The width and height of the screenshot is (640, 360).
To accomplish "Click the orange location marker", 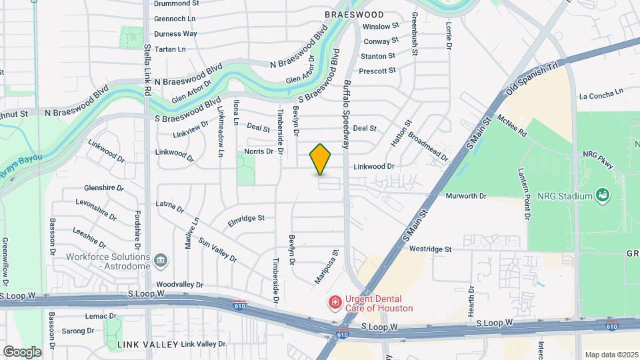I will click(x=321, y=159).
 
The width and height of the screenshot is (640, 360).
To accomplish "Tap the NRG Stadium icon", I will click(x=603, y=195).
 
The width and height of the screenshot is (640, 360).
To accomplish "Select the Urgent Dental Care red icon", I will click(x=335, y=303).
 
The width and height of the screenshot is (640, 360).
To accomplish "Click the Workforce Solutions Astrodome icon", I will click(x=161, y=259).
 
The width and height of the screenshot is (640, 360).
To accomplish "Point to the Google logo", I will click(x=22, y=351).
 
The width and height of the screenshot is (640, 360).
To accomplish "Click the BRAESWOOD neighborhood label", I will click(x=354, y=14).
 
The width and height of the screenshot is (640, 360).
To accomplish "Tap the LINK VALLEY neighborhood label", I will click(x=148, y=344).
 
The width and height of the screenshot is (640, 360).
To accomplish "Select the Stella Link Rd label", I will click(x=147, y=59).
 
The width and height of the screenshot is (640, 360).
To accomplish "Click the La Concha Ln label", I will click(x=601, y=93).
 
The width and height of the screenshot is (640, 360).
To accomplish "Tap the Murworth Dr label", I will click(x=467, y=196).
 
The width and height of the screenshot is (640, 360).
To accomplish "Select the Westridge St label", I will click(x=431, y=249).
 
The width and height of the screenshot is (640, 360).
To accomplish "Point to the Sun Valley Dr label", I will click(x=217, y=252).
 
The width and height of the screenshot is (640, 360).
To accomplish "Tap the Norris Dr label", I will click(x=259, y=151).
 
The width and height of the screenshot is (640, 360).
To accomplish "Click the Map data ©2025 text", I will click(x=611, y=354).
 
